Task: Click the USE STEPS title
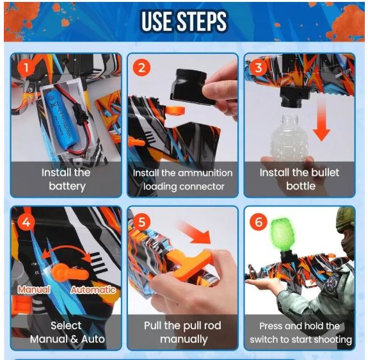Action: point(184,22)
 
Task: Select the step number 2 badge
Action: point(143,68)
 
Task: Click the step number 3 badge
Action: point(258,67)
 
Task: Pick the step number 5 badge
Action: point(142,223)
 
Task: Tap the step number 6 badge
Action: point(259,222)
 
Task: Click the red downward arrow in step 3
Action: point(322,122)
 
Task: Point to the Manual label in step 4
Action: point(33,290)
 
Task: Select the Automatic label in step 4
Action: point(93,290)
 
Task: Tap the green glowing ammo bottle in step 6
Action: point(279,237)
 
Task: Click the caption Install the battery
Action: point(67,179)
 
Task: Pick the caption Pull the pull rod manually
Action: point(183,332)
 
